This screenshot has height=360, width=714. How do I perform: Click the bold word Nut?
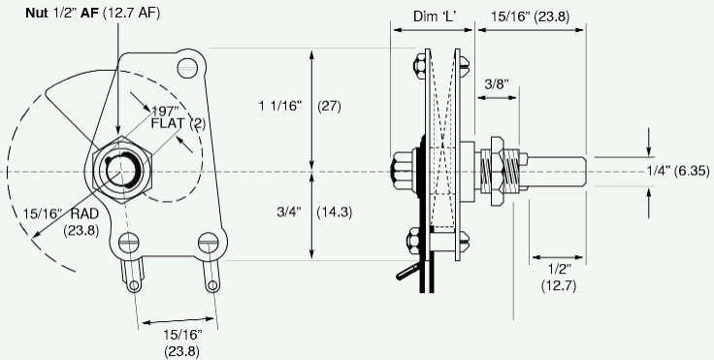pyautogui.click(x=37, y=14)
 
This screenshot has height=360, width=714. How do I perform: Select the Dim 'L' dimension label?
pyautogui.click(x=435, y=16)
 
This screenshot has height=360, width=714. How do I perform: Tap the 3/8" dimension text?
pyautogui.click(x=497, y=84)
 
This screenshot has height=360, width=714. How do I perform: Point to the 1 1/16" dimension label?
pyautogui.click(x=280, y=106)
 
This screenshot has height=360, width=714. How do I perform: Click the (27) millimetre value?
pyautogui.click(x=329, y=106)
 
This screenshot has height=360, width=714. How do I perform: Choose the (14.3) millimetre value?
pyautogui.click(x=335, y=213)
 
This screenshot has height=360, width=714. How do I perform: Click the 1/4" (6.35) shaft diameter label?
pyautogui.click(x=678, y=171)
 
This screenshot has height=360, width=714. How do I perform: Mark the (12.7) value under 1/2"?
pyautogui.click(x=559, y=285)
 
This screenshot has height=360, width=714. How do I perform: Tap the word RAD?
pyautogui.click(x=84, y=213)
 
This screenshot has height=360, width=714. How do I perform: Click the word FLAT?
pyautogui.click(x=168, y=123)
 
